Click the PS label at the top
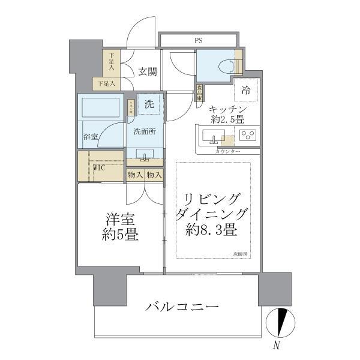coord(197,41)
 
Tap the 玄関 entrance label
coord(148,72)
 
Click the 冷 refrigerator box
coord(246,90)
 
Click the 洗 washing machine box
coord(148,103)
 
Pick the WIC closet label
coord(99,167)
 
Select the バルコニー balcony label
coord(182,307)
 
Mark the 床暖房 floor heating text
coord(241,255)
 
